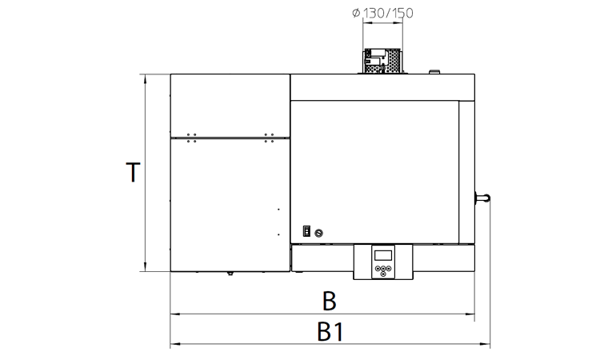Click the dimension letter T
click(x=133, y=173)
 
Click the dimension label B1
click(x=330, y=332)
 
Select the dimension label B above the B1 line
click(x=330, y=301)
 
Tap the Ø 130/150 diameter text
click(x=382, y=13)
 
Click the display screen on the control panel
click(x=383, y=255)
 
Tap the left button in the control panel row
click(x=378, y=268)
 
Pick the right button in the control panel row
click(x=388, y=268)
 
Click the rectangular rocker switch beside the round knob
click(x=306, y=231)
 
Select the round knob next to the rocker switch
click(x=318, y=233)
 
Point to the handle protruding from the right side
click(x=482, y=198)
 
